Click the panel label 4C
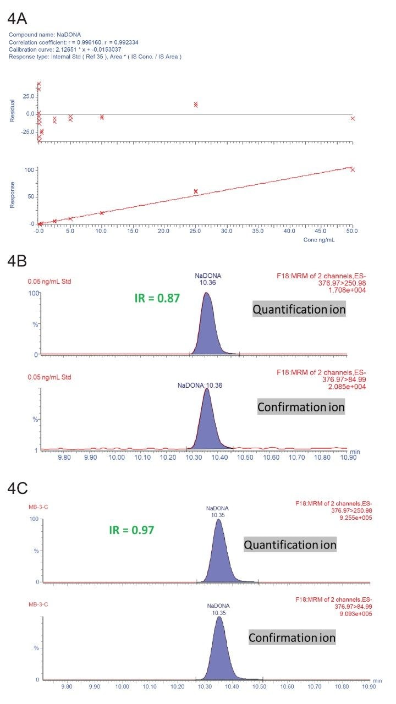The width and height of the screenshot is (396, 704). [20, 488]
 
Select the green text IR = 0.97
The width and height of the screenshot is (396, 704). [130, 530]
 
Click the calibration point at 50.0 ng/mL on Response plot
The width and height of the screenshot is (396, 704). [353, 169]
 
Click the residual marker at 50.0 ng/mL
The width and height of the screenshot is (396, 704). [353, 118]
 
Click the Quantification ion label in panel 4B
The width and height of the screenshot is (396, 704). [299, 310]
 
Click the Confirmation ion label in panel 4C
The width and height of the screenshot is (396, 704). [292, 638]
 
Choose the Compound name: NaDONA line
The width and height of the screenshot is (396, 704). [45, 35]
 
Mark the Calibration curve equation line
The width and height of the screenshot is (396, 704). [64, 49]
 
